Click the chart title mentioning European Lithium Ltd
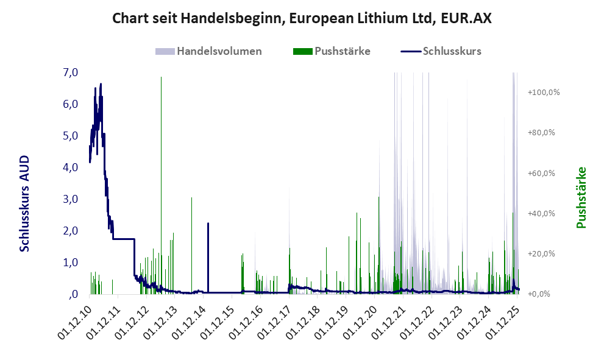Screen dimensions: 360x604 302,19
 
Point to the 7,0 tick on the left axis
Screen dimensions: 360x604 70,72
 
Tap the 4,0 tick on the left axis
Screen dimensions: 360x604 70,168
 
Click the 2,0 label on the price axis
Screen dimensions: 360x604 70,231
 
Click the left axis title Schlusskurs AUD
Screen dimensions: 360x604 25,203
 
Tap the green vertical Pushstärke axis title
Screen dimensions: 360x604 581,197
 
